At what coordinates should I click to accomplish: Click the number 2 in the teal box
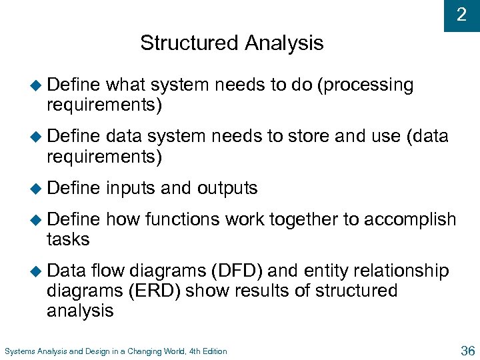[x=461, y=15]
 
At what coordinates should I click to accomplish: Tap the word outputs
[x=227, y=189]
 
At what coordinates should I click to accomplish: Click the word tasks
[x=68, y=239]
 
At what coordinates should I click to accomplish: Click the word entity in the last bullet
[x=327, y=271]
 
